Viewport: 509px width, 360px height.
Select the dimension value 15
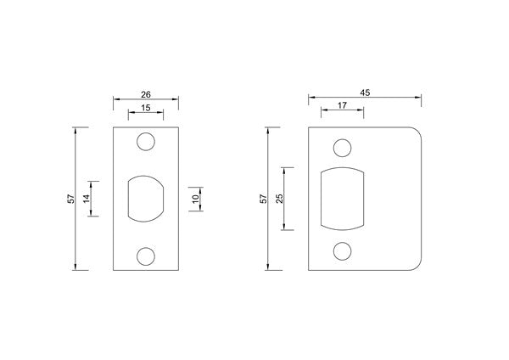click(145, 108)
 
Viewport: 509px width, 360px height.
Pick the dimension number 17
click(341, 107)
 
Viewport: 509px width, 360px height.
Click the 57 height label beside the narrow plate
click(71, 199)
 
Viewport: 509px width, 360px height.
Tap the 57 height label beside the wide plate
click(263, 199)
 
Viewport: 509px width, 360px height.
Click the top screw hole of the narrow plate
click(146, 142)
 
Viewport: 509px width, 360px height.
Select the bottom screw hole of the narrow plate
click(146, 256)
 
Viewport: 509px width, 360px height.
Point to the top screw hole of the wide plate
click(343, 149)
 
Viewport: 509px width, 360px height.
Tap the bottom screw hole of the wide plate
click(343, 250)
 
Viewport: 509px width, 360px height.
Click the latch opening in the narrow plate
click(146, 199)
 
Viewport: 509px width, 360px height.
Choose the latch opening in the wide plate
click(343, 199)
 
